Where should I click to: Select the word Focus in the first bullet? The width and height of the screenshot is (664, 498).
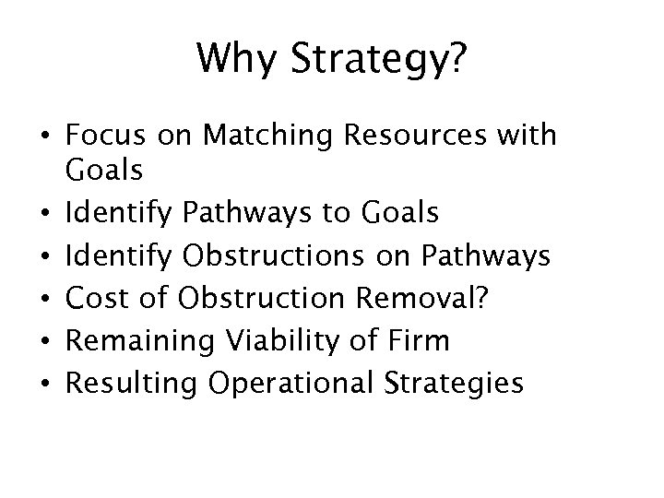(100, 136)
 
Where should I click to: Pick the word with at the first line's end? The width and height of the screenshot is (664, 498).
(530, 136)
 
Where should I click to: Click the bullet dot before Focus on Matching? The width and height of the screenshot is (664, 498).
(45, 138)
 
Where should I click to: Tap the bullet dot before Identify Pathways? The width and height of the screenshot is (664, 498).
(45, 216)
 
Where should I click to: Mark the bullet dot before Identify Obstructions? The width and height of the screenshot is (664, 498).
(45, 256)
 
